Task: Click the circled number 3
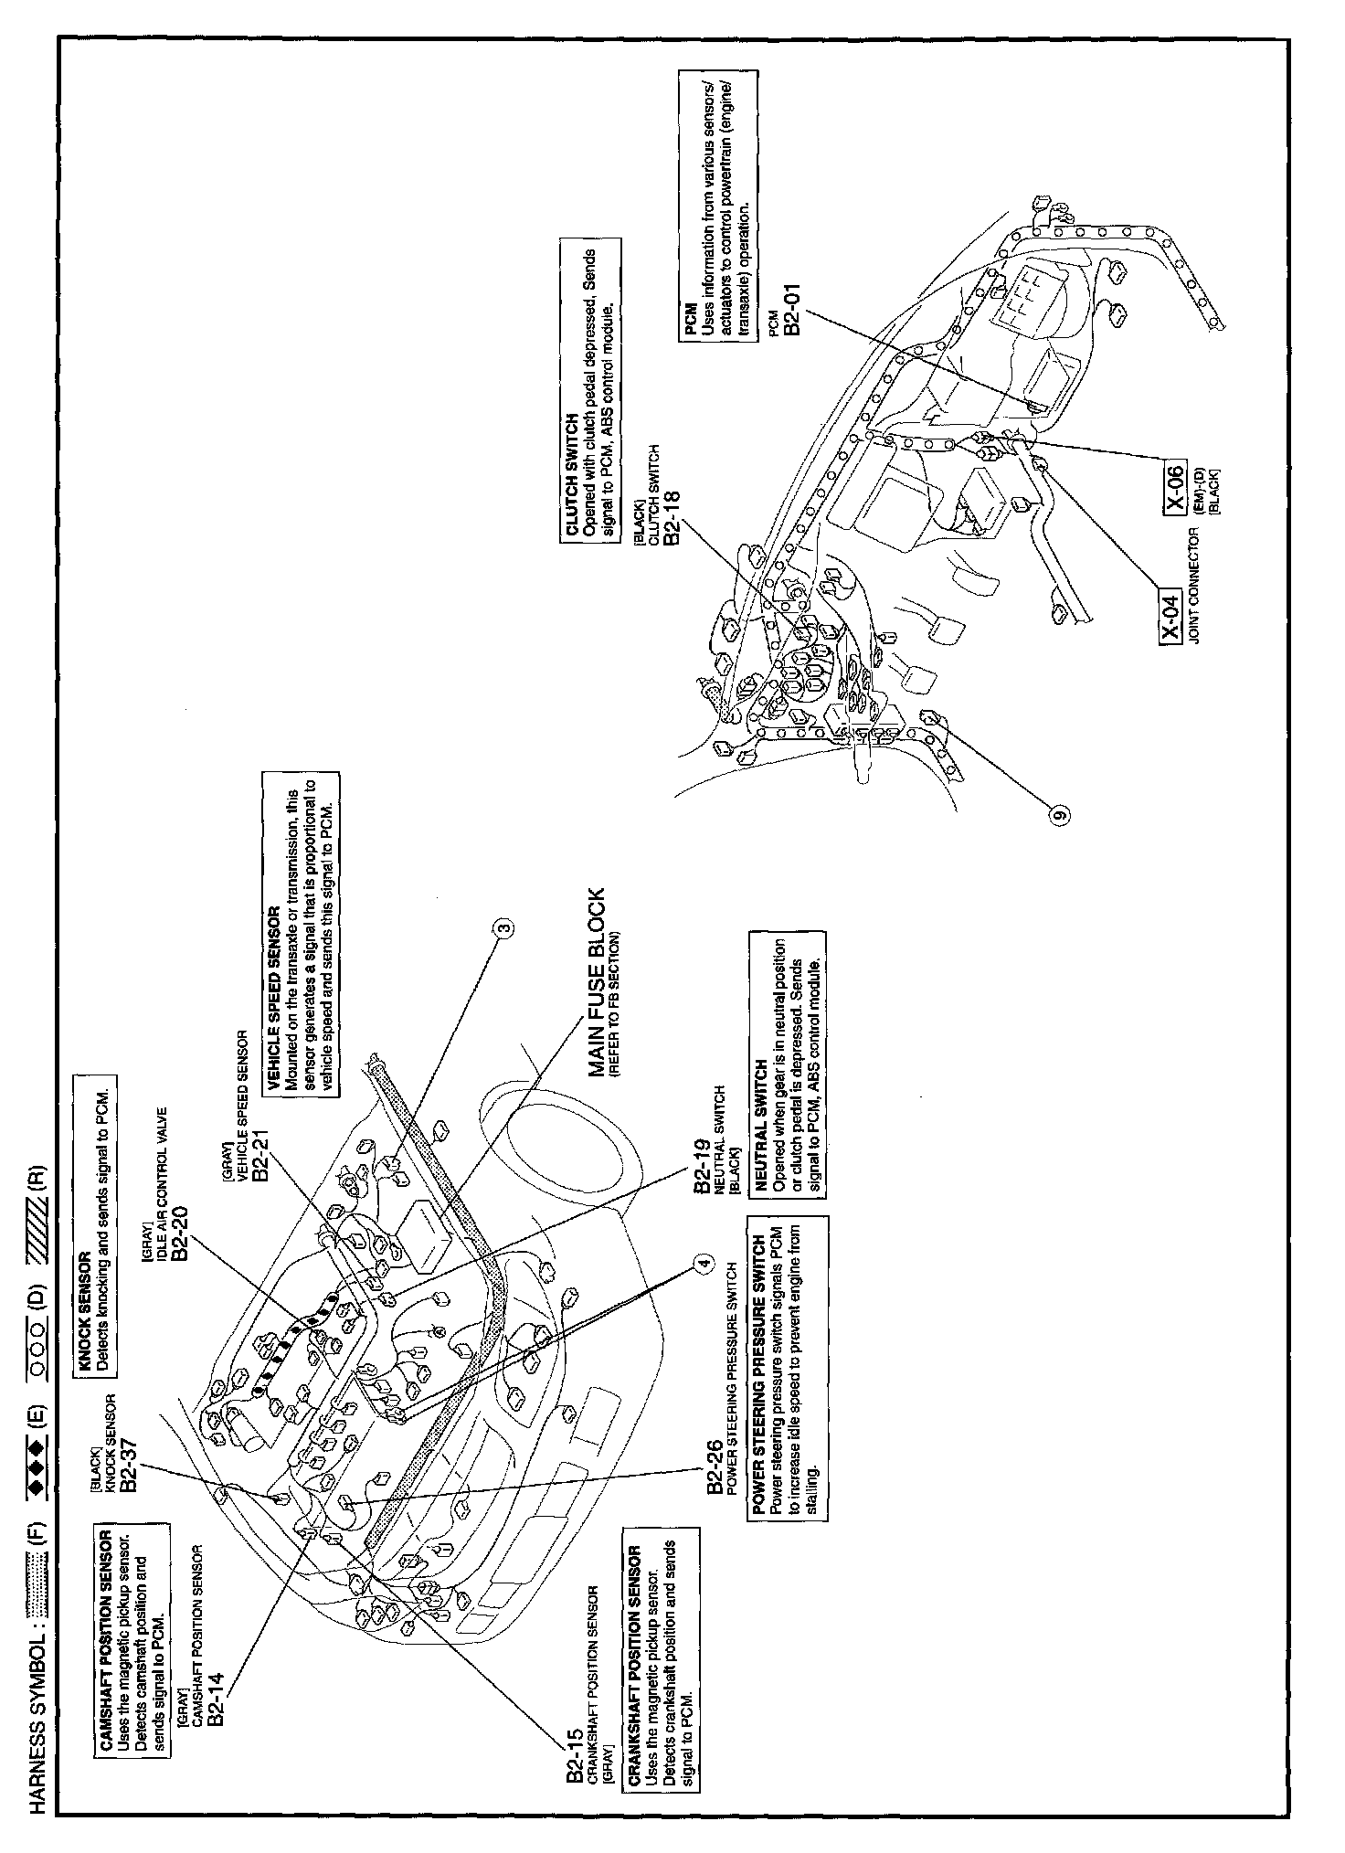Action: pyautogui.click(x=503, y=930)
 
